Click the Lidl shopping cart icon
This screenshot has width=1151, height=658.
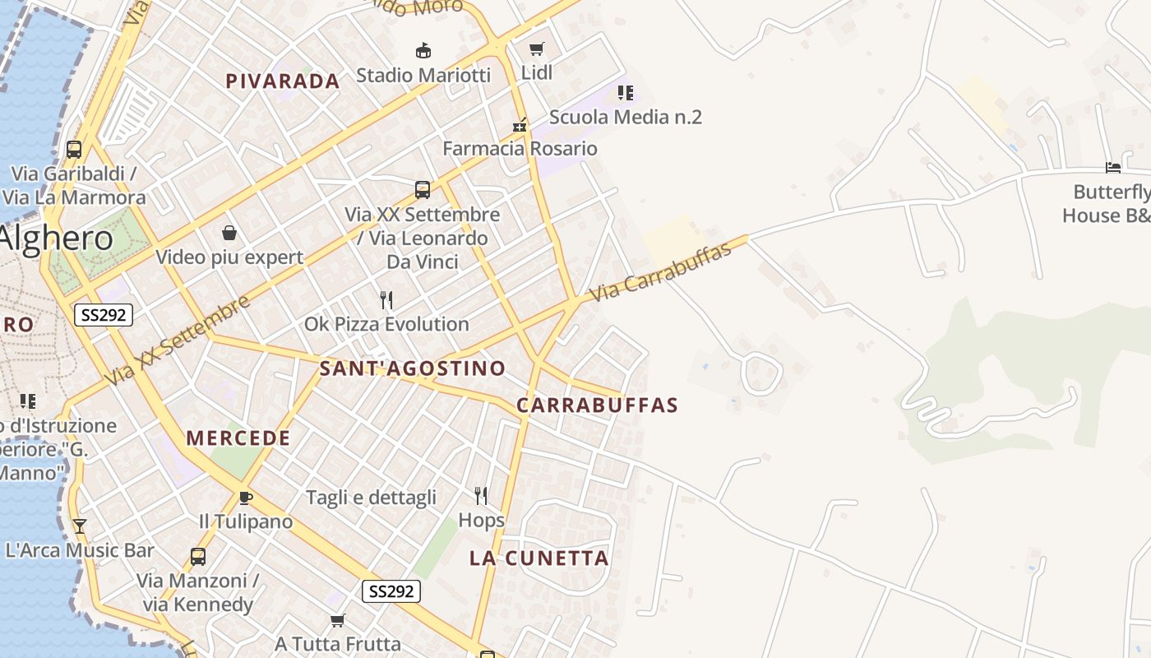tap(537, 49)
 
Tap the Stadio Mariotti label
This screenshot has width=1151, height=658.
tap(423, 75)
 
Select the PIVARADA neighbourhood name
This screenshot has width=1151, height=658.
tap(283, 81)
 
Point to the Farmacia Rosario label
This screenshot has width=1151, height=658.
tap(520, 149)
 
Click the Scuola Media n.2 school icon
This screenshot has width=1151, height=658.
tap(626, 93)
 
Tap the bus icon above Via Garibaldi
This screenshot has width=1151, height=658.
tap(74, 150)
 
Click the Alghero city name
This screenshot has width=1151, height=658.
tap(56, 239)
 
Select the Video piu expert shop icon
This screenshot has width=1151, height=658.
tap(229, 234)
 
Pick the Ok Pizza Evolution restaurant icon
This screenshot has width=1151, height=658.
tap(386, 300)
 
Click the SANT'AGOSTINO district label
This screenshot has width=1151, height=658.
tap(412, 368)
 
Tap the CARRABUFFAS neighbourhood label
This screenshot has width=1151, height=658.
tap(597, 405)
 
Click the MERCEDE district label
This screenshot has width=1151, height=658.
tap(238, 438)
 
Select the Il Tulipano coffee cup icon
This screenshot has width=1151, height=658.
tap(245, 497)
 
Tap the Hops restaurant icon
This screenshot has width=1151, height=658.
tap(481, 496)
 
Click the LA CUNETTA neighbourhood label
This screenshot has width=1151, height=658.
tap(539, 558)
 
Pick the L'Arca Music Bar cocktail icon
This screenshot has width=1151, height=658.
tap(80, 526)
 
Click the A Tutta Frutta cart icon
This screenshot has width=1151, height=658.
tap(337, 620)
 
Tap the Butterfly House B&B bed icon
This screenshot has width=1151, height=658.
tap(1113, 169)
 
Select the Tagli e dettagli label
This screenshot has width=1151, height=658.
tap(371, 498)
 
